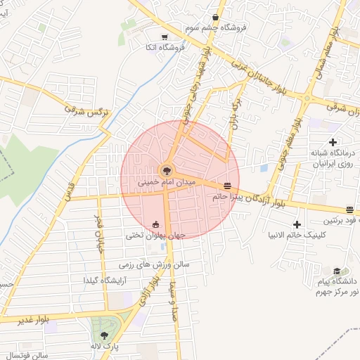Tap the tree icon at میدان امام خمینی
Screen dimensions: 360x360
click(167, 169)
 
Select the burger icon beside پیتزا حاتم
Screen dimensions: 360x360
click(227, 186)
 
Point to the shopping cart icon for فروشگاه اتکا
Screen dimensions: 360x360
click(164, 37)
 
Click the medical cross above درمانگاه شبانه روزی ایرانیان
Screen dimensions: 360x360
click(333, 143)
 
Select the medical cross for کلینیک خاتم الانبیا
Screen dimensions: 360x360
click(297, 224)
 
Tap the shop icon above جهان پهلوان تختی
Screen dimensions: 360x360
click(155, 225)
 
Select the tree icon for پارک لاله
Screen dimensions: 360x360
click(105, 335)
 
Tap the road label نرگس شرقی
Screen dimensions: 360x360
click(84, 111)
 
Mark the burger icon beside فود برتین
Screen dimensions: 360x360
click(349, 210)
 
